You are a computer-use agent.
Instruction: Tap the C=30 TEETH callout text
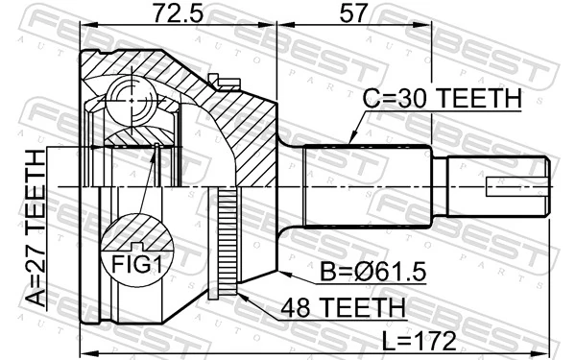[442, 99]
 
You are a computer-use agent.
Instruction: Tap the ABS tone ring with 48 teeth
[228, 240]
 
